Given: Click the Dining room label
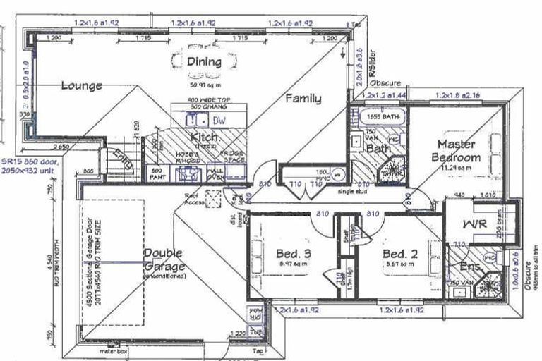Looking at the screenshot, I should [x=204, y=62].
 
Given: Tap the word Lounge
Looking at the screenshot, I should [x=81, y=86].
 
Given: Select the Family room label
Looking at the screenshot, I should [x=303, y=99].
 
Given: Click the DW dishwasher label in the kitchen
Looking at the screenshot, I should [x=219, y=121].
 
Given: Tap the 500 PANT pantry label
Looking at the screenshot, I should [x=157, y=173].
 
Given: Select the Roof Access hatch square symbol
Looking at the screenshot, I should [x=211, y=198].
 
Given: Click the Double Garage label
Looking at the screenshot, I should [x=163, y=259].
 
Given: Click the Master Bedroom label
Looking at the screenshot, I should [x=454, y=151].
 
